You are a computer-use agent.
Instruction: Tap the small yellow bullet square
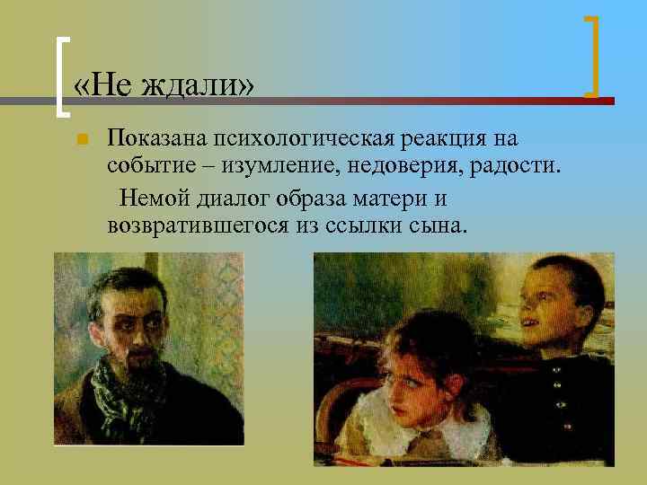tap(81, 140)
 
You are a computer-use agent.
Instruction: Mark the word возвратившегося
tap(198, 225)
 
